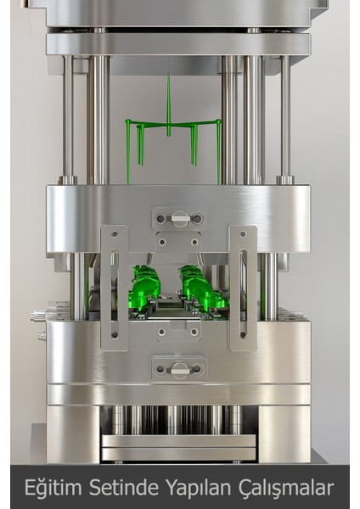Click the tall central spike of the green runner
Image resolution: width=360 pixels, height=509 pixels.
168,102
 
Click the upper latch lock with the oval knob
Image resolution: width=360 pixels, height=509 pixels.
179,219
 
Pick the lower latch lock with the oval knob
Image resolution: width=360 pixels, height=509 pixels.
179,368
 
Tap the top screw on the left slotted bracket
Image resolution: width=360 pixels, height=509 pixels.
114,235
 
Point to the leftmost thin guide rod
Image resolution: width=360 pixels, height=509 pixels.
67,119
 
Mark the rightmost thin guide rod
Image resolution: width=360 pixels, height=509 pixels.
285,119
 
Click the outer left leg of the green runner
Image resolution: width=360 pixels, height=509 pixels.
128,153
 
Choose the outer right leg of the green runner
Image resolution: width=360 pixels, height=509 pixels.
219,153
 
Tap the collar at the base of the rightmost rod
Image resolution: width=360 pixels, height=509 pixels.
285,180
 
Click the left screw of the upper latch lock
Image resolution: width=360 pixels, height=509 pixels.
161,219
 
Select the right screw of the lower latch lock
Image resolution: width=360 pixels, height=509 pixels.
197,368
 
